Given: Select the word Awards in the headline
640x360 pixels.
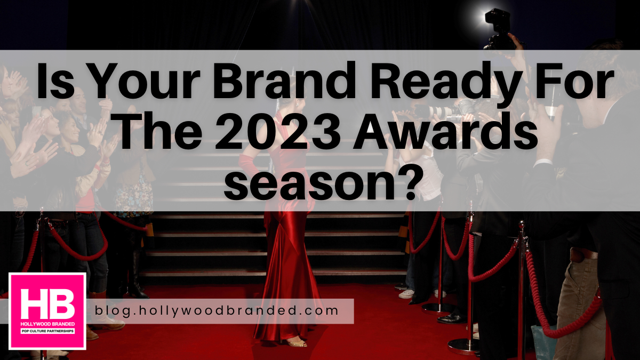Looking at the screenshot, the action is [x=445, y=131].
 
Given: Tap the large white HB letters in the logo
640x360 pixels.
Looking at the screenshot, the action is [x=47, y=303].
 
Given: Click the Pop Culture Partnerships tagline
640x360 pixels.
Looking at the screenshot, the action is [x=47, y=331].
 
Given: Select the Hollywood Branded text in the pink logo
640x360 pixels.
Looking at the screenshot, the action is [x=47, y=324].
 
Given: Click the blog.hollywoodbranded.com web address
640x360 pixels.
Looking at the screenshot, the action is [x=217, y=310].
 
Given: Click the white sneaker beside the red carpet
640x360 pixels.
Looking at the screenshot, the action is [x=406, y=294].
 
